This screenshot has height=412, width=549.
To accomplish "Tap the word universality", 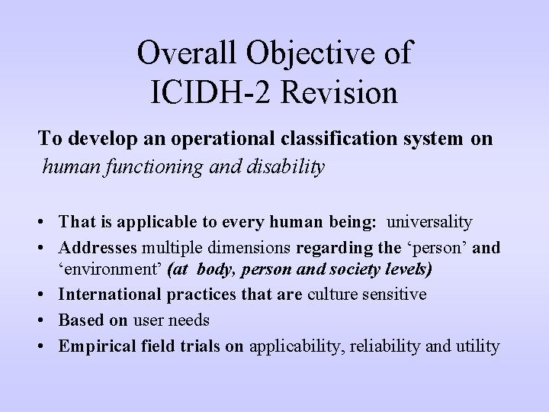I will pyautogui.click(x=430, y=222).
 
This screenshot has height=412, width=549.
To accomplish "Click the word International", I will pyautogui.click(x=110, y=294).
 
